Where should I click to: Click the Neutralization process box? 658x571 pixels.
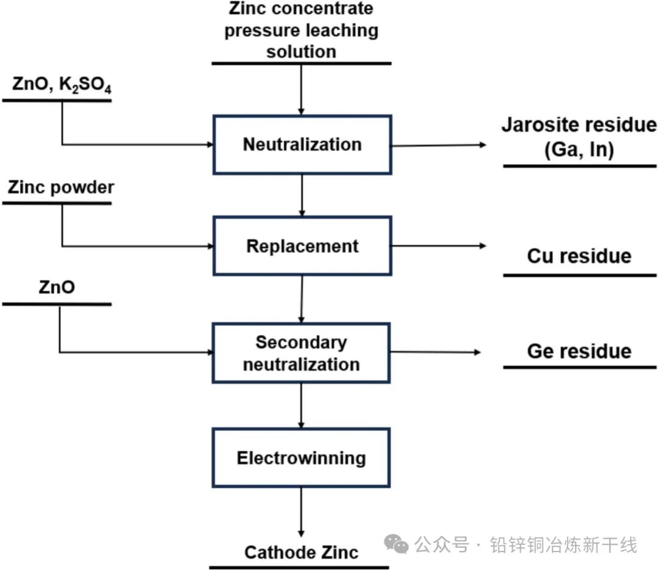pos(302,145)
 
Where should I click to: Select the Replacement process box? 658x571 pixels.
pos(302,247)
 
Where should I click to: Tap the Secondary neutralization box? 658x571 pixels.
pos(302,353)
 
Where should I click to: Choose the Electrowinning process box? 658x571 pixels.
pos(302,457)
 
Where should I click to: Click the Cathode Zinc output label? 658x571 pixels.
pos(301,552)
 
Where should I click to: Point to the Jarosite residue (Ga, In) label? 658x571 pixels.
pos(579,137)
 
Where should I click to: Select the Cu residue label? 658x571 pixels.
pos(579,256)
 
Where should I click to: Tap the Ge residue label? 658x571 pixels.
pos(579,351)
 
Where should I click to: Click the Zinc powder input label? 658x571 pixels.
pos(61,187)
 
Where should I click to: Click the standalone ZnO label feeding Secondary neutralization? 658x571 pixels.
pos(57,287)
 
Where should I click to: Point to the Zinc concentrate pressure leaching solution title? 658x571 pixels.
pos(302,30)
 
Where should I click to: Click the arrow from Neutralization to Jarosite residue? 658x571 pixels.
pos(439,145)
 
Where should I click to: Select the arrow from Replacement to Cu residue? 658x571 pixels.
pos(439,246)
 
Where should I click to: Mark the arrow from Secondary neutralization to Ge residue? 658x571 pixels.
pos(436,352)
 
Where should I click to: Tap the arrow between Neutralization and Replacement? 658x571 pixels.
pos(302,195)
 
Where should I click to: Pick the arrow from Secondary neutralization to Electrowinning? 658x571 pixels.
pos(302,405)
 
